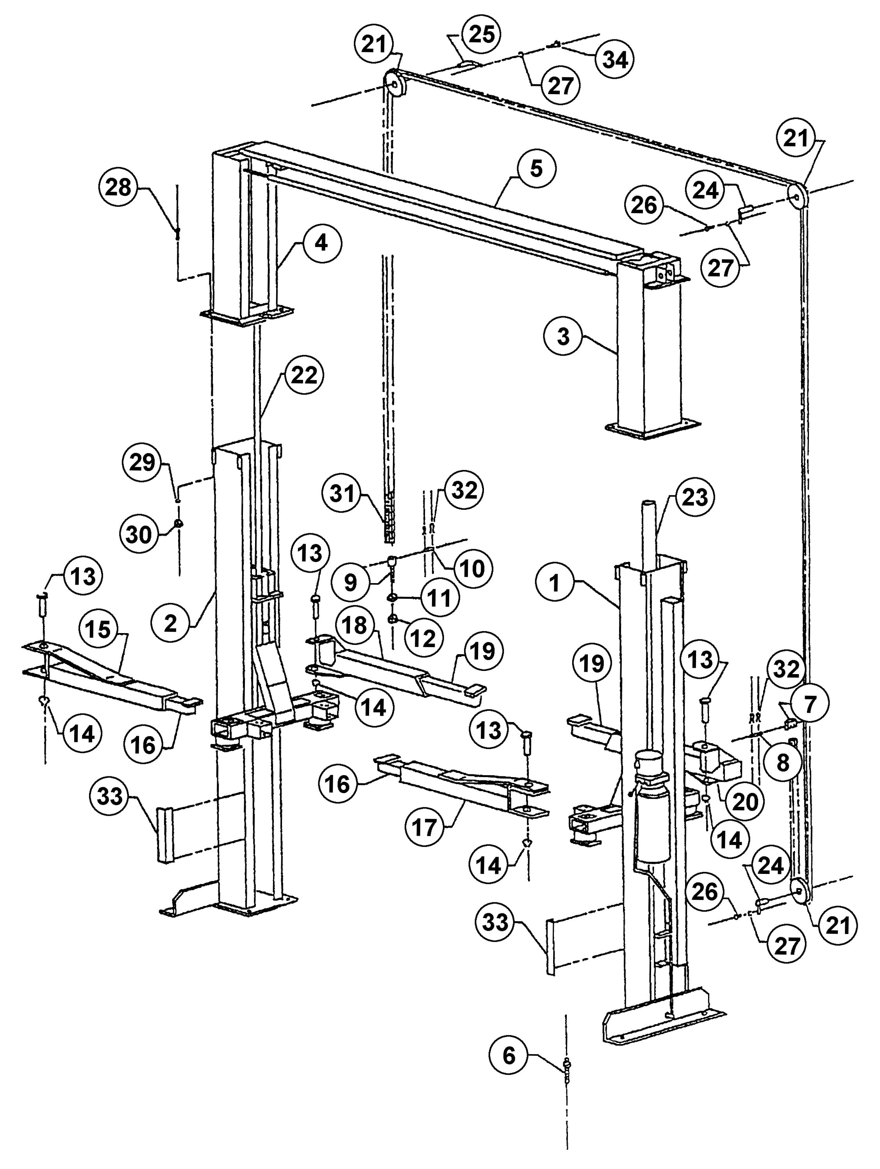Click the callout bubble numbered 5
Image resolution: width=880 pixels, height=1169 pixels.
point(536,169)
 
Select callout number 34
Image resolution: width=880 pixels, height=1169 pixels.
point(614,59)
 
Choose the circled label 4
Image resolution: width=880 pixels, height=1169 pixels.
point(321,243)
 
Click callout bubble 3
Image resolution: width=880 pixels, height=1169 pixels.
point(563,336)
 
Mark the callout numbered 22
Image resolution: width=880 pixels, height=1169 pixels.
point(304,376)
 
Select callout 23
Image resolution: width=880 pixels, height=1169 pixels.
point(694,497)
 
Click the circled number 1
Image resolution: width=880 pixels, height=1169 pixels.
point(555,584)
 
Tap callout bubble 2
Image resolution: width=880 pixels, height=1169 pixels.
point(170,624)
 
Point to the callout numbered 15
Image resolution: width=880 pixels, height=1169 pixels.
point(98,629)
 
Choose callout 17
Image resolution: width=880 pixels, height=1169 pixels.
point(424,827)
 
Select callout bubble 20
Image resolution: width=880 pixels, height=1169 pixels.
point(744,802)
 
